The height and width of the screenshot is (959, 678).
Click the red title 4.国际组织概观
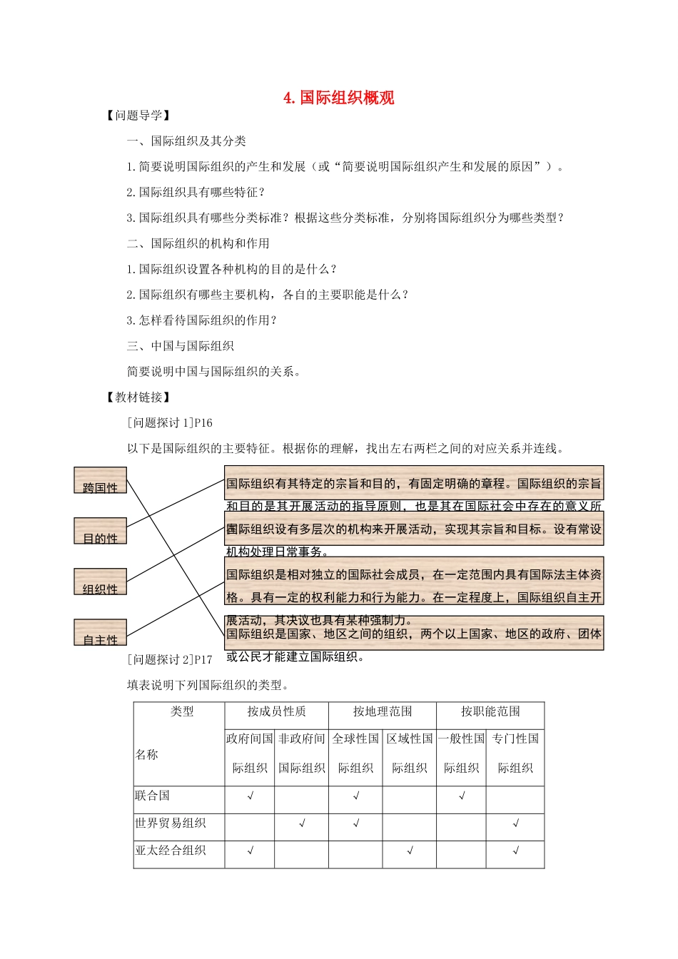click(339, 98)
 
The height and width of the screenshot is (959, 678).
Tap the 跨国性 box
click(101, 480)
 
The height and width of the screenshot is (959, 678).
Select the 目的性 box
click(101, 531)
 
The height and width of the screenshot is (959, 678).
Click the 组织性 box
click(101, 582)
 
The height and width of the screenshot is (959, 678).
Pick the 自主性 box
click(101, 632)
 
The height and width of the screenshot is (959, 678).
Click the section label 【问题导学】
click(138, 116)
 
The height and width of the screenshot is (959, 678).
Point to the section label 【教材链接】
click(138, 397)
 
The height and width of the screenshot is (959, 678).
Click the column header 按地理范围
click(383, 711)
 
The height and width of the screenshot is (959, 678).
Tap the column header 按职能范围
click(490, 711)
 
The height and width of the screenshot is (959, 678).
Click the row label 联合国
click(152, 796)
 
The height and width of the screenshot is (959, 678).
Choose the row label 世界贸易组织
click(170, 823)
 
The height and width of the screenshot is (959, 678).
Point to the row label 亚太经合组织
click(170, 850)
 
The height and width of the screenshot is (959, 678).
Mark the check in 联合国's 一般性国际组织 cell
click(462, 796)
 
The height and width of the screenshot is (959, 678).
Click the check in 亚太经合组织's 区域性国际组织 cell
click(410, 851)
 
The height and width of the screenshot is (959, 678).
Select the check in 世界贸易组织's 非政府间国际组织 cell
click(302, 823)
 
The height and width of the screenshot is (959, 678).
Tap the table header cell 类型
click(182, 711)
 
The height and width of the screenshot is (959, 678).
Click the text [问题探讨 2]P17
click(170, 660)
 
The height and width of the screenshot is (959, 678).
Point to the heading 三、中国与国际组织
click(181, 346)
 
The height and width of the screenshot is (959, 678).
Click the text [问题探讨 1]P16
click(170, 423)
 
